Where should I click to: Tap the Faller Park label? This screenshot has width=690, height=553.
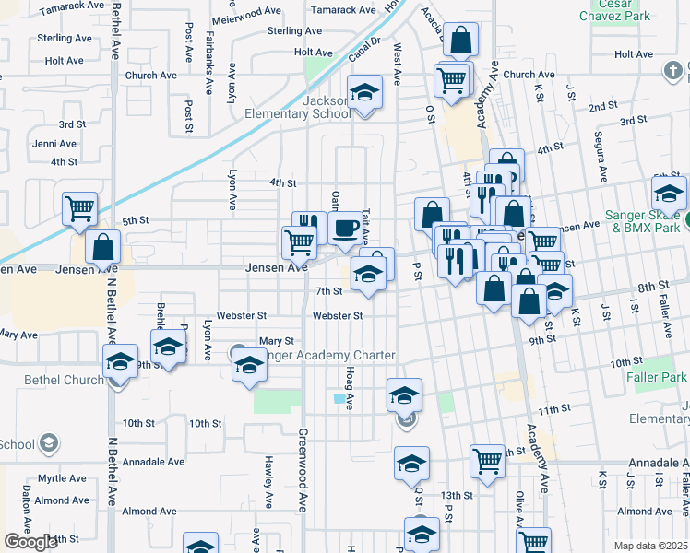(x=660, y=378)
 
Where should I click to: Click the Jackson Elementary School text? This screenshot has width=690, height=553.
(x=297, y=107)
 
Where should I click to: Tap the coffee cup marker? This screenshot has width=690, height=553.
(x=345, y=229)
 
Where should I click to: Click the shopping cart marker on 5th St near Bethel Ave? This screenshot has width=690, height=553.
(x=80, y=209)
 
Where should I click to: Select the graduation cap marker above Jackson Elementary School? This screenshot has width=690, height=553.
(x=364, y=94)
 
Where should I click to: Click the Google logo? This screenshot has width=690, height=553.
(x=30, y=542)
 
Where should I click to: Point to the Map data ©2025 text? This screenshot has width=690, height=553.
(x=651, y=546)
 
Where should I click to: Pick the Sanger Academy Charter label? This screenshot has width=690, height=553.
(x=328, y=356)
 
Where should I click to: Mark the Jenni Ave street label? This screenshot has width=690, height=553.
(x=54, y=144)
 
